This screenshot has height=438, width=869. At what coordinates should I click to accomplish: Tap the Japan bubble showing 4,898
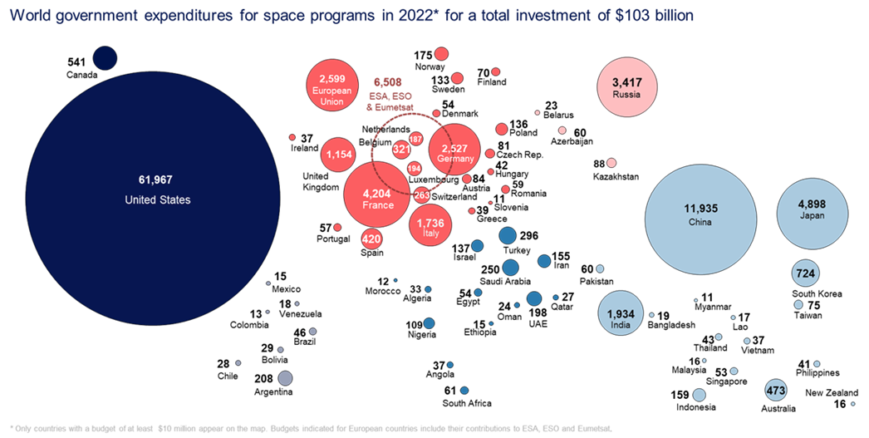pos(812,212)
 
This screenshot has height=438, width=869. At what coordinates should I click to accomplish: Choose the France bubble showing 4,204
pos(378,196)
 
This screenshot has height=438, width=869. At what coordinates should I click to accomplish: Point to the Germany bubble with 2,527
pos(454,150)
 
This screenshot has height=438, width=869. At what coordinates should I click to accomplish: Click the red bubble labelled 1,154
pos(340,154)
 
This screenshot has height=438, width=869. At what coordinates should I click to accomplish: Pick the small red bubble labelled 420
pos(371,239)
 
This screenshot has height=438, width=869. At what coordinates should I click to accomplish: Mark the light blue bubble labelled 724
pos(805,273)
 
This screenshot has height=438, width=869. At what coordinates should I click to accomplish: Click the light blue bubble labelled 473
pos(776,390)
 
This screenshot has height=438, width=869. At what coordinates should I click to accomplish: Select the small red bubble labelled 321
pos(401,150)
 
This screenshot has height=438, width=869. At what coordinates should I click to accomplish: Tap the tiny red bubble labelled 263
pos(421,195)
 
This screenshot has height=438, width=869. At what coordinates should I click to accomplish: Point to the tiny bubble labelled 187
pos(416,138)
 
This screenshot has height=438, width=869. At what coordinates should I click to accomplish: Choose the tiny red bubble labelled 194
pos(415,168)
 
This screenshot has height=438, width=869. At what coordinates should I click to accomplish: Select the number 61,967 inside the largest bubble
pos(155,180)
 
